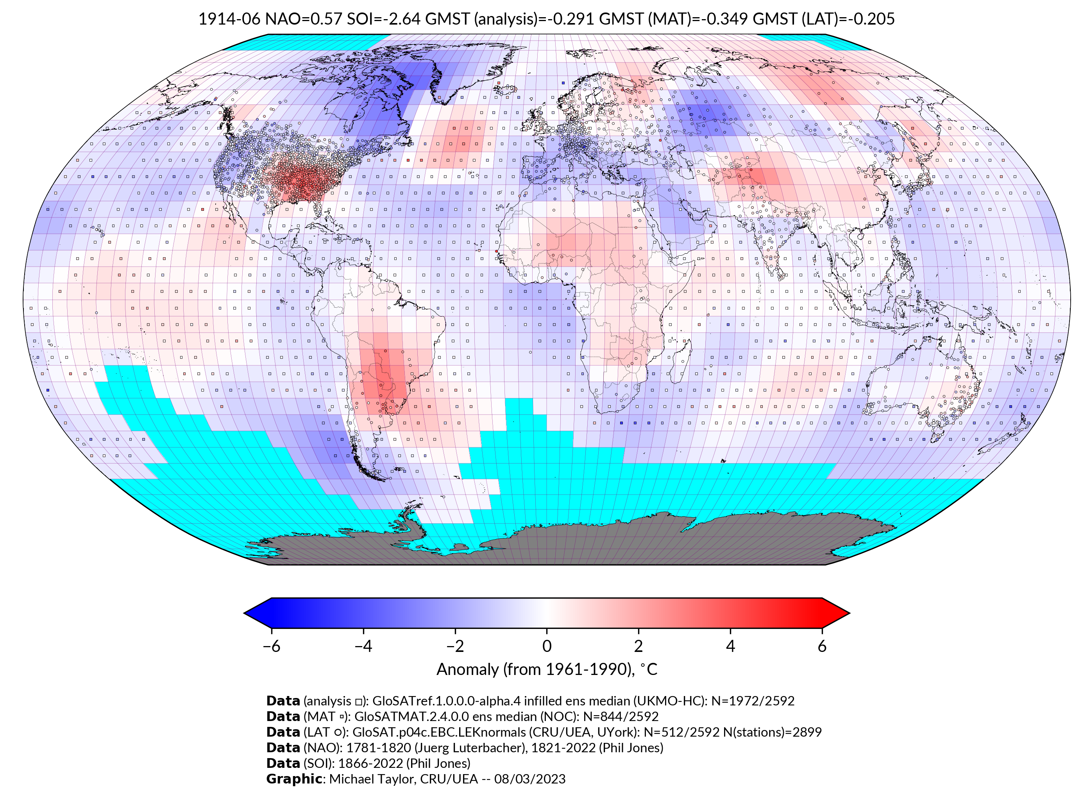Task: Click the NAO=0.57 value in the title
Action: pyautogui.click(x=304, y=19)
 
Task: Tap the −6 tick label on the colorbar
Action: pyautogui.click(x=271, y=646)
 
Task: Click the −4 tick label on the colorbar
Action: pyautogui.click(x=363, y=646)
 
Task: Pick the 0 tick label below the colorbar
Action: pyautogui.click(x=547, y=646)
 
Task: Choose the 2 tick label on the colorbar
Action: pyautogui.click(x=638, y=646)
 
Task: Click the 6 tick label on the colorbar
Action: pyautogui.click(x=822, y=646)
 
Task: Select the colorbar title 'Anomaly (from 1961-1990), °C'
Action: pyautogui.click(x=547, y=669)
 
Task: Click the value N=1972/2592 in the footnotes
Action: pyautogui.click(x=753, y=701)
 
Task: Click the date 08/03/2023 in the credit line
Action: pyautogui.click(x=530, y=779)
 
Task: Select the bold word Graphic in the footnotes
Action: pyautogui.click(x=293, y=779)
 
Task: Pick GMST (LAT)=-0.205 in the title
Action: pyautogui.click(x=823, y=19)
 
